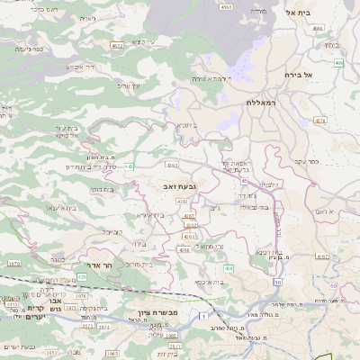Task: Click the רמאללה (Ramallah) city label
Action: [x=263, y=103]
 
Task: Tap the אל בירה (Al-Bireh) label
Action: [x=296, y=75]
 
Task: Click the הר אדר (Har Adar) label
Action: [x=95, y=265]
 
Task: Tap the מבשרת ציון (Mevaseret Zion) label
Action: [x=161, y=312]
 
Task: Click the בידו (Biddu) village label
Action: [x=138, y=243]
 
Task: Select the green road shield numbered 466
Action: [x=338, y=63]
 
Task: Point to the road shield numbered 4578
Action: [x=320, y=119]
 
